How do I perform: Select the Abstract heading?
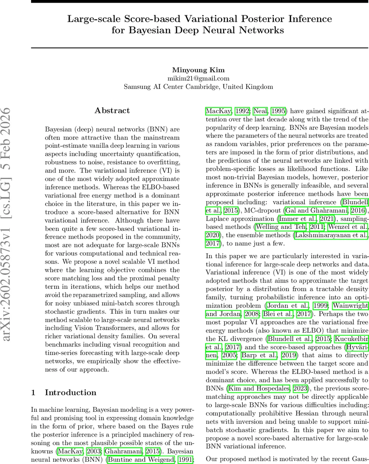[x=112, y=111]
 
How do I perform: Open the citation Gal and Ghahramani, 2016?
[x=327, y=210]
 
